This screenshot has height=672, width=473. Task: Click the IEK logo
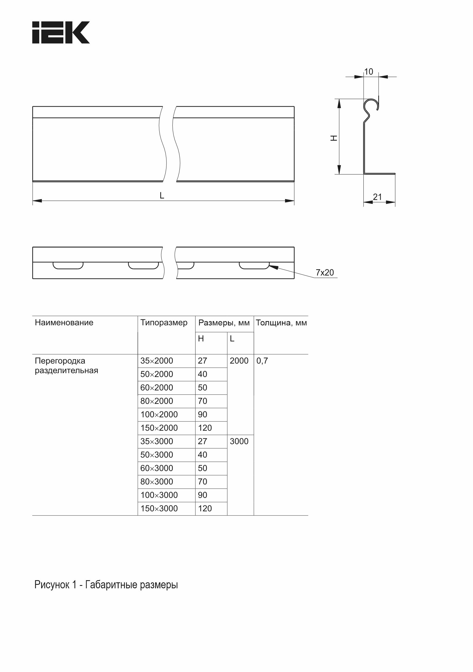(61, 33)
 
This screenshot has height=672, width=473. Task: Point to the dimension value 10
(368, 72)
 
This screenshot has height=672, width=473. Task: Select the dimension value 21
(377, 197)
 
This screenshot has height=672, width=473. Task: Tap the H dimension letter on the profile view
(334, 138)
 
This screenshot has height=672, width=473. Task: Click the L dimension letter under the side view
(162, 196)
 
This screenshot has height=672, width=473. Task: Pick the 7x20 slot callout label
(325, 272)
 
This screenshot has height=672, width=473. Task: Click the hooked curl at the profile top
(371, 105)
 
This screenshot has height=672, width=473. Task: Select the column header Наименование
(64, 323)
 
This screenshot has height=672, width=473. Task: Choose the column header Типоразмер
(164, 323)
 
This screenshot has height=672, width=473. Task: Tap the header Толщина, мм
(281, 323)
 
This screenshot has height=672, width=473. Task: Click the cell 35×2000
(157, 361)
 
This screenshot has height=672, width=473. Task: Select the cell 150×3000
(159, 508)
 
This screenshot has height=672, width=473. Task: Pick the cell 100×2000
(159, 414)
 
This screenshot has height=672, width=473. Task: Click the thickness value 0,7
(262, 361)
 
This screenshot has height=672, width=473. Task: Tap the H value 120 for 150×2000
(205, 428)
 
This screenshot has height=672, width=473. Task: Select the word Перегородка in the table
(60, 361)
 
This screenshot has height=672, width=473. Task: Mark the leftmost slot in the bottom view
(68, 265)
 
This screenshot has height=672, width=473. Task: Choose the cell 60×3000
(157, 468)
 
